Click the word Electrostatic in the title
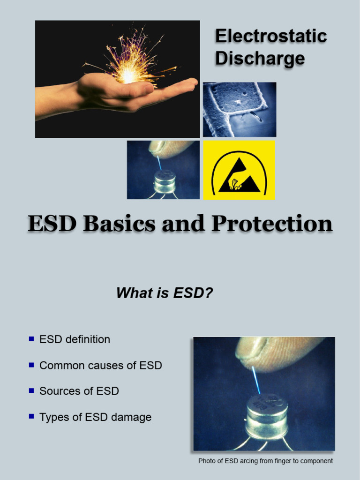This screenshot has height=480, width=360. pos(270,36)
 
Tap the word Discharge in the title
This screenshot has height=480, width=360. pos(260,59)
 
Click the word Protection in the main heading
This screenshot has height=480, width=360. pos(272,224)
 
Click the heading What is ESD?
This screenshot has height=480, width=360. pos(165,293)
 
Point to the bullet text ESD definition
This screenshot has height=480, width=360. pos(75,339)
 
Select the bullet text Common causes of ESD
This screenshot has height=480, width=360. pos(101,365)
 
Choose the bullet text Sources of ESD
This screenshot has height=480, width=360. pos(79,391)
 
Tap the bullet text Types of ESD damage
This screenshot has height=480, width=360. pos(96,417)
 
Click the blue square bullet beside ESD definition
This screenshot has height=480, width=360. pos(31,338)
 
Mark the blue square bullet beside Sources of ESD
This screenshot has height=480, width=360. pos(31,390)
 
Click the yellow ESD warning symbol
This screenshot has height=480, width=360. pos(239,170)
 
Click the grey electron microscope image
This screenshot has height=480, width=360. pos(239,109)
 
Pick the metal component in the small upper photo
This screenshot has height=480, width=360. pos(165,181)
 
